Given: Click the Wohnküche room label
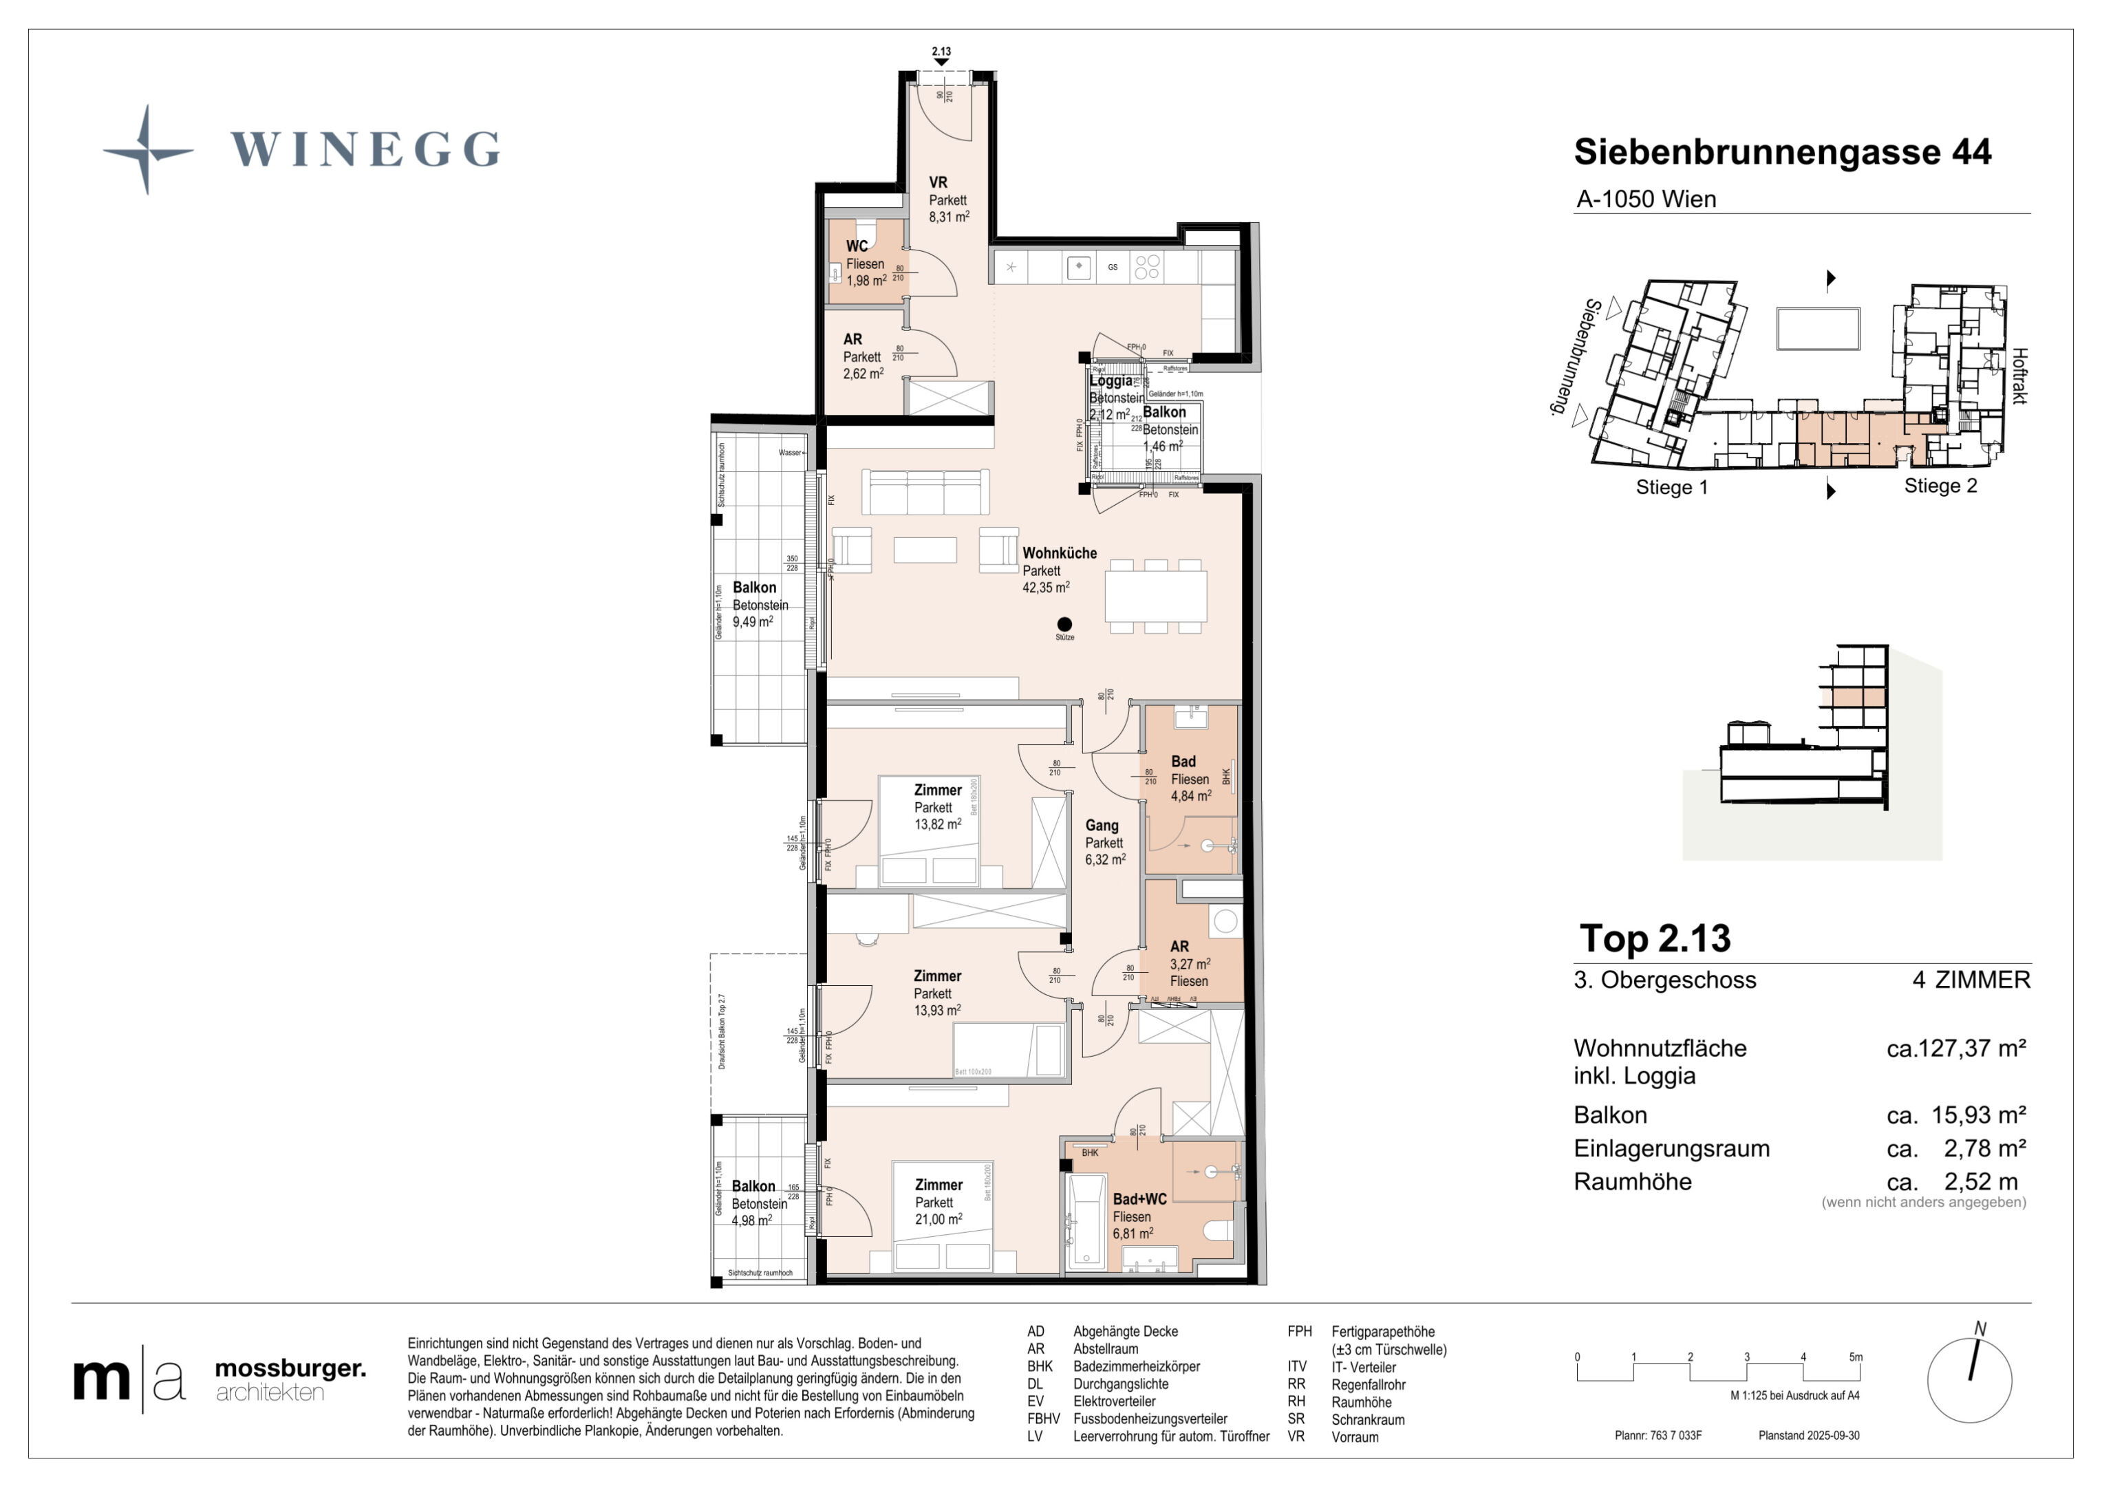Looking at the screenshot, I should click(x=1059, y=553).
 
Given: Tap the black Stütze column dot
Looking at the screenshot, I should click(x=1064, y=625).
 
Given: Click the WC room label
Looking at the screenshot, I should click(x=857, y=246).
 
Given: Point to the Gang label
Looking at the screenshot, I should click(x=1102, y=825).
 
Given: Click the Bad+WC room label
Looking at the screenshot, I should click(x=1139, y=1199).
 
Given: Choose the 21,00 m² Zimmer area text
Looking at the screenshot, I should click(x=939, y=1220).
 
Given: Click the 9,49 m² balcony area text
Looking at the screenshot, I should click(x=751, y=623).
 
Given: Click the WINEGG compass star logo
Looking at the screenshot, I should click(x=147, y=149).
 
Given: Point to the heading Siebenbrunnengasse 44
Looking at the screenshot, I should click(x=1781, y=152).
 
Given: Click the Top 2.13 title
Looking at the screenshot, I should click(x=1654, y=938).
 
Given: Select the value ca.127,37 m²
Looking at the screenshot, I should click(x=1955, y=1048).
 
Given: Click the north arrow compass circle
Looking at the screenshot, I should click(x=1969, y=1380).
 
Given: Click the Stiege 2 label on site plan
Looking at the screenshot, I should click(x=1940, y=486).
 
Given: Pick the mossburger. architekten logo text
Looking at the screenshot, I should click(x=289, y=1379).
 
